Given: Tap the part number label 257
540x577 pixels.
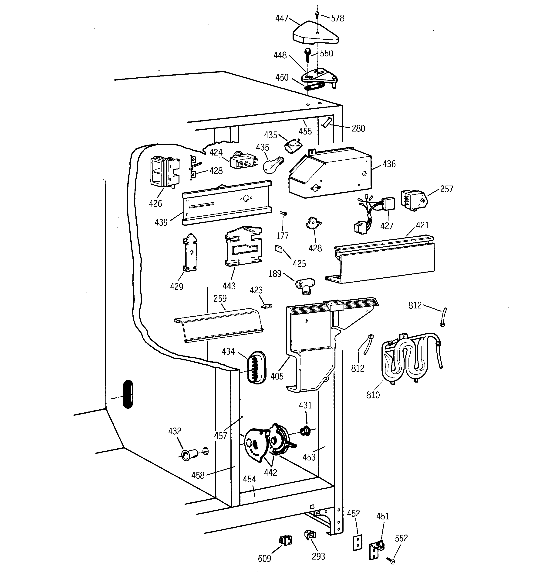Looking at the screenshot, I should (446, 189).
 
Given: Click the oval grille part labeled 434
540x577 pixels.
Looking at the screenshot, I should (256, 367).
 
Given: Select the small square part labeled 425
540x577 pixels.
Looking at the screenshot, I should (278, 249).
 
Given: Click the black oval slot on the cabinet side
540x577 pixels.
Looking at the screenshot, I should (128, 394).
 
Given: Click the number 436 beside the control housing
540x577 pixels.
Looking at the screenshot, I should (389, 164).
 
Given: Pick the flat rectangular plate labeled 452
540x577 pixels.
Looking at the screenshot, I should (358, 542).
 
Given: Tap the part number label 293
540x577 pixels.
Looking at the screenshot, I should (318, 556).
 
